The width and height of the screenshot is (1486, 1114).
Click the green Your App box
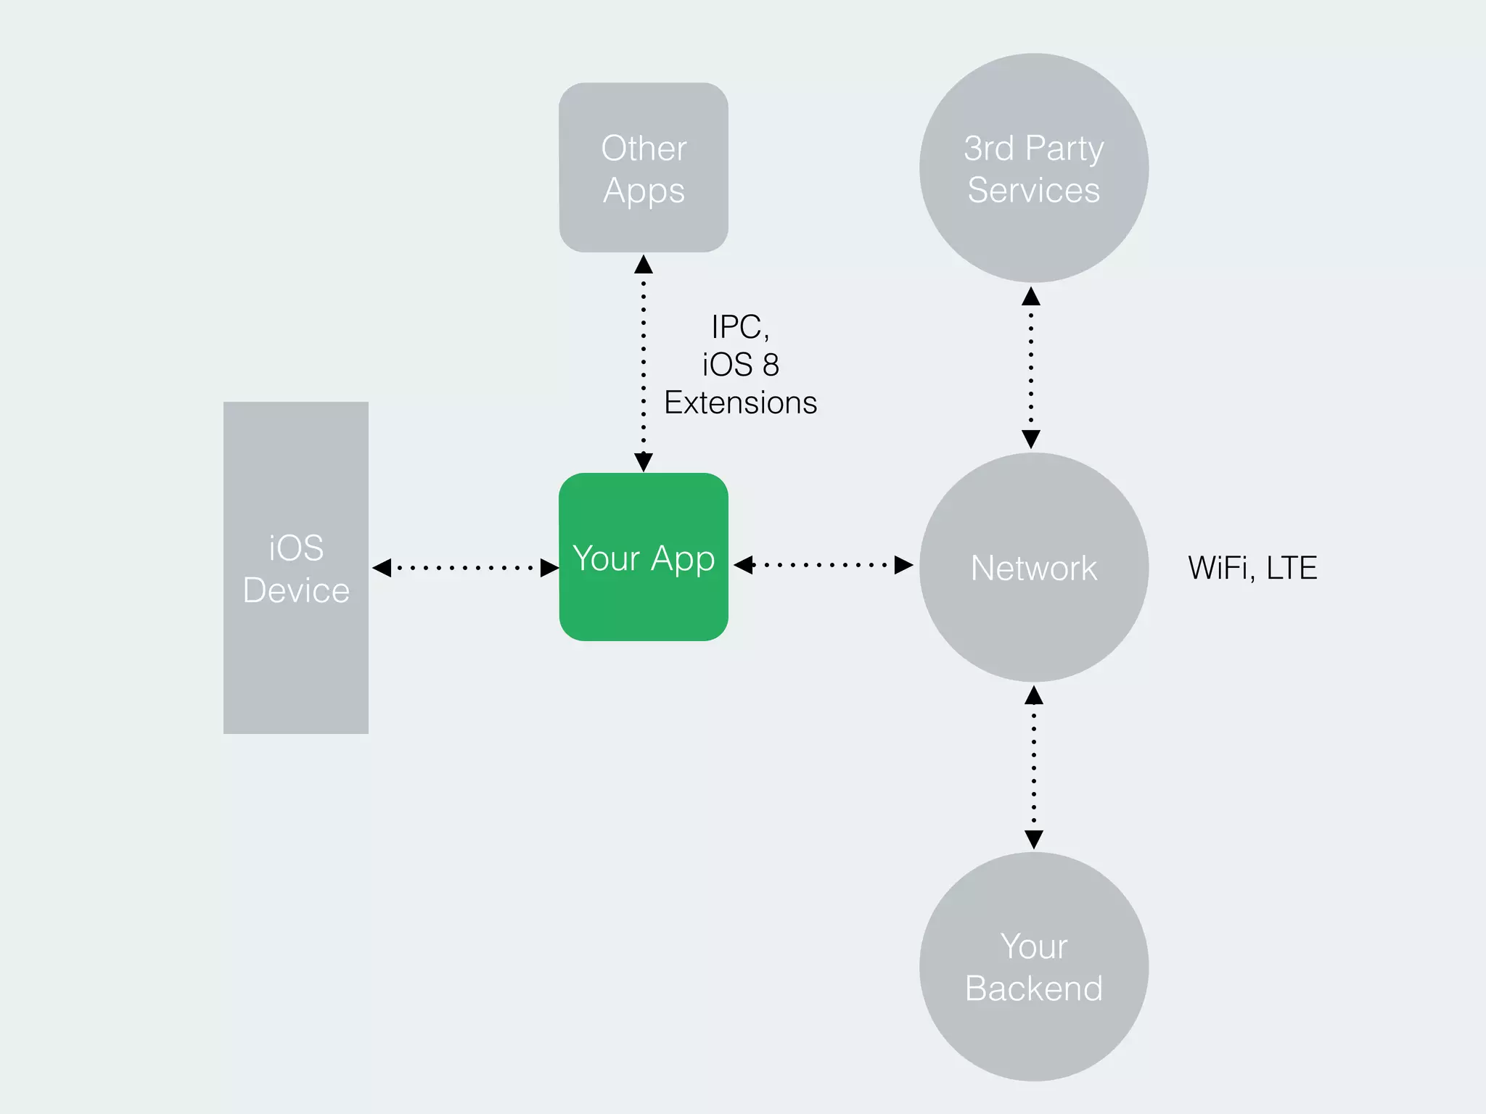pyautogui.click(x=644, y=557)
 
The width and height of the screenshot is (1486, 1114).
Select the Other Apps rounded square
pyautogui.click(x=644, y=168)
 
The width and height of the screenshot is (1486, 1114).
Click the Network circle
pyautogui.click(x=1033, y=567)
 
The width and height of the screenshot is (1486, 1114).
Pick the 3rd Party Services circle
pyautogui.click(x=1033, y=168)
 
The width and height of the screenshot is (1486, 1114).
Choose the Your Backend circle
pyautogui.click(x=1033, y=966)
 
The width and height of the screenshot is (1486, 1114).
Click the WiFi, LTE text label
pyautogui.click(x=1252, y=568)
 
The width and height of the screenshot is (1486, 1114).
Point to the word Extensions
pyautogui.click(x=740, y=403)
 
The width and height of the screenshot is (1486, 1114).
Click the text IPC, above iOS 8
pyautogui.click(x=740, y=327)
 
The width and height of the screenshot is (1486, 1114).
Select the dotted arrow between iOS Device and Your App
pyautogui.click(x=464, y=567)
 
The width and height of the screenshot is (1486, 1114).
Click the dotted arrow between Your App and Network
pyautogui.click(x=824, y=564)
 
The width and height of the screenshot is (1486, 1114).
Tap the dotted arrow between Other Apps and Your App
pyautogui.click(x=644, y=363)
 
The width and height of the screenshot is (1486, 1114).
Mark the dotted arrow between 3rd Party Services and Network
pyautogui.click(x=1031, y=367)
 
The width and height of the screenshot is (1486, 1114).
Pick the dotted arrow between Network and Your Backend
pyautogui.click(x=1033, y=767)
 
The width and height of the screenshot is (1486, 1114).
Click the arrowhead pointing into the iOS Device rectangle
pyautogui.click(x=382, y=567)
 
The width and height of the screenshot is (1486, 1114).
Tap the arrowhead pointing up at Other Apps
pyautogui.click(x=644, y=265)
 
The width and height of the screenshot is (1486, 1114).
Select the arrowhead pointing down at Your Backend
pyautogui.click(x=1033, y=840)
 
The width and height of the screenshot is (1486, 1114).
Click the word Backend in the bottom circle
pyautogui.click(x=1033, y=988)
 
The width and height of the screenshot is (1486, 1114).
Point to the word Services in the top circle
pyautogui.click(x=1033, y=190)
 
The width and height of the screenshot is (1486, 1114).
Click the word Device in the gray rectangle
pyautogui.click(x=296, y=590)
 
